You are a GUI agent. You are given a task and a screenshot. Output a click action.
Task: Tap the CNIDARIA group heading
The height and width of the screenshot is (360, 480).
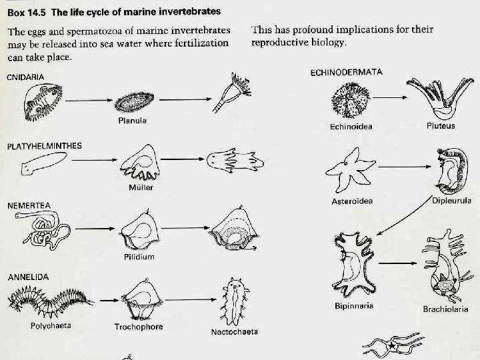click(x=26, y=77)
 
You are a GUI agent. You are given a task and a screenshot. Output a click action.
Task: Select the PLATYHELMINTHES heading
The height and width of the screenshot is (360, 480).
click(x=44, y=145)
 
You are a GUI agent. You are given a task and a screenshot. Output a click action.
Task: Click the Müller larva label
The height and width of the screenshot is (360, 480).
click(x=141, y=187)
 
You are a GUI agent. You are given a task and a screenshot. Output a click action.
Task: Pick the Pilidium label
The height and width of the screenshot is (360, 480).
click(x=139, y=257)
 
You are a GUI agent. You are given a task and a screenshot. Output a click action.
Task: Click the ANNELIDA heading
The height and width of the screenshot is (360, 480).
click(x=27, y=275)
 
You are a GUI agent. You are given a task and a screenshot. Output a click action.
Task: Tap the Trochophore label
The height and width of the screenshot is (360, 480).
click(x=138, y=327)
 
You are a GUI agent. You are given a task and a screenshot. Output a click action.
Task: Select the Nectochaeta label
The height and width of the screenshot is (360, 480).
click(x=234, y=331)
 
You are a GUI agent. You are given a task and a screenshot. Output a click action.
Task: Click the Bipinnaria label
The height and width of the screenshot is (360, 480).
click(x=353, y=306)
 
